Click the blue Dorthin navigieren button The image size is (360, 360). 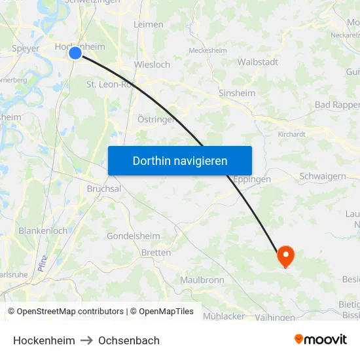point(180,160)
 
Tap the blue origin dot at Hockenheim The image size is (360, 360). point(75,53)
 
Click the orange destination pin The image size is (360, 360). point(286,255)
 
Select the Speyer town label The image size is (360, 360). point(26,48)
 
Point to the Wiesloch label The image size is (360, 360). point(152,65)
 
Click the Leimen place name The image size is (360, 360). point(149,24)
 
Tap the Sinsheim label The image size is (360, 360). point(237,93)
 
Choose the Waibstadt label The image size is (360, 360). point(258,62)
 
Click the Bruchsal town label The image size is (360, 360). point(104,189)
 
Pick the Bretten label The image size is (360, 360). point(156,253)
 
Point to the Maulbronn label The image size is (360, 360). point(202,280)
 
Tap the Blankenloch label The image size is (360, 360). point(43,231)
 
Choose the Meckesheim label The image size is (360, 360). point(208,50)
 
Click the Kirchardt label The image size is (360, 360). point(292,134)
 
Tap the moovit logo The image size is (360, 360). point(321,339)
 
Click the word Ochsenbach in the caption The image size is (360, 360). point(129,340)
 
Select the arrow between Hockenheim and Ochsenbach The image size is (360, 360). point(87,340)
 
